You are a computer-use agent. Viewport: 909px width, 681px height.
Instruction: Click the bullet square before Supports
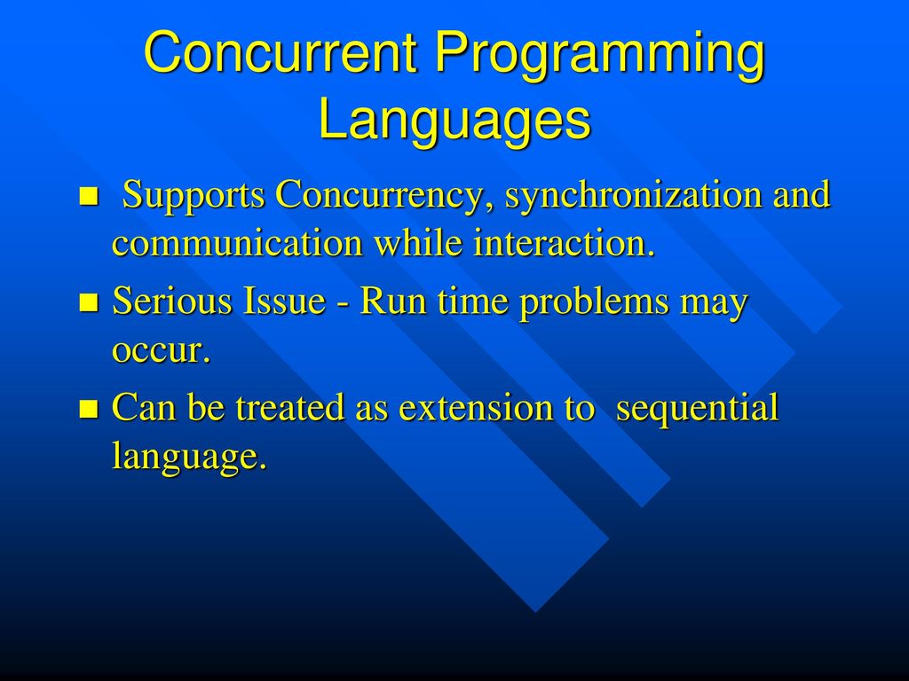[88, 196]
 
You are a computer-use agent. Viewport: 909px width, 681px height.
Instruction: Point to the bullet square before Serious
[88, 302]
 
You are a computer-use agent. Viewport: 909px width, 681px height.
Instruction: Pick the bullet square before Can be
[88, 408]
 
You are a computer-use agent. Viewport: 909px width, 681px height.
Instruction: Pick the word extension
[476, 407]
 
